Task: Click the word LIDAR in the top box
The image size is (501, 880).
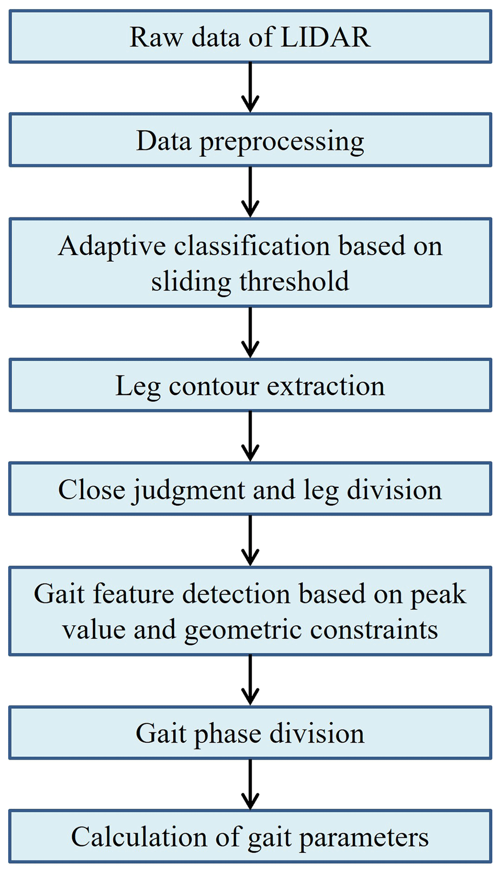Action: tap(325, 38)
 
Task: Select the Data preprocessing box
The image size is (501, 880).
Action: tap(250, 141)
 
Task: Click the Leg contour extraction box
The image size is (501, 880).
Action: tap(250, 386)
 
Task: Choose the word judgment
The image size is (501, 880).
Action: tap(189, 490)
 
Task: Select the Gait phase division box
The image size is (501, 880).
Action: tap(250, 733)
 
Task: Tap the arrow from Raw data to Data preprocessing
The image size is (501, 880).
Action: tap(250, 87)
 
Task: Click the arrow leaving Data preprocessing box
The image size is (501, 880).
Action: tap(250, 192)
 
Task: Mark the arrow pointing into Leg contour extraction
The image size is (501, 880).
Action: tap(250, 332)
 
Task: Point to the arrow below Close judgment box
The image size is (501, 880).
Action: tap(250, 540)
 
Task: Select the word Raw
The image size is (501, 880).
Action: tap(156, 38)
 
